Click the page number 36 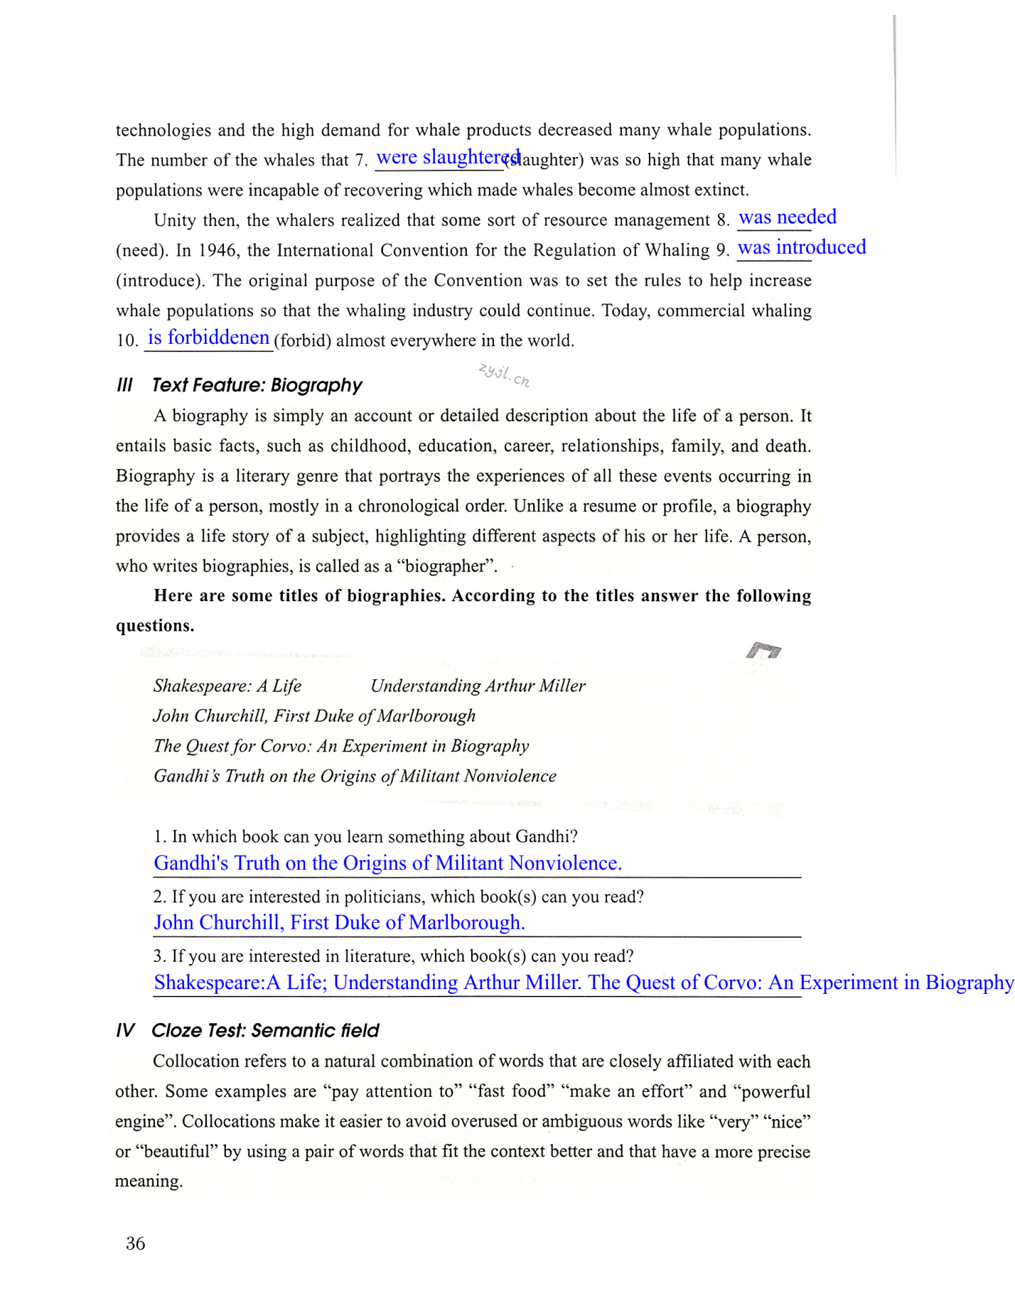[135, 1243]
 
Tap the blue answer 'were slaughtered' [447, 157]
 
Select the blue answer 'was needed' [787, 217]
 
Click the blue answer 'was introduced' [801, 247]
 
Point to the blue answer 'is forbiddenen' [208, 337]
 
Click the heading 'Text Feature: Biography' [257, 385]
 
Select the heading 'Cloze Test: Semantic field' [265, 1030]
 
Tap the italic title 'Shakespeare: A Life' [227, 686]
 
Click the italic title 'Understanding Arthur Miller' [478, 686]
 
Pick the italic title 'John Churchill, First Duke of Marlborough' [315, 716]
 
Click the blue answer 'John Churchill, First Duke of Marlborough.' [339, 923]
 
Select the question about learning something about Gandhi [365, 836]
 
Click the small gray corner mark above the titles [763, 651]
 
